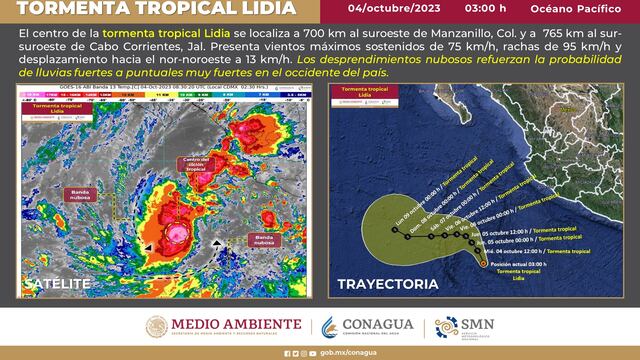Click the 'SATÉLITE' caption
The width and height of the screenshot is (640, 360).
click(57, 284)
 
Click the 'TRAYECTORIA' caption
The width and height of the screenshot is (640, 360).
click(387, 284)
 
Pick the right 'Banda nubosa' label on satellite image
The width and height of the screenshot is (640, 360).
click(263, 239)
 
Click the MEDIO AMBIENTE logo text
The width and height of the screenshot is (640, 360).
click(236, 324)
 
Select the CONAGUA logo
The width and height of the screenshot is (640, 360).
click(365, 325)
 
